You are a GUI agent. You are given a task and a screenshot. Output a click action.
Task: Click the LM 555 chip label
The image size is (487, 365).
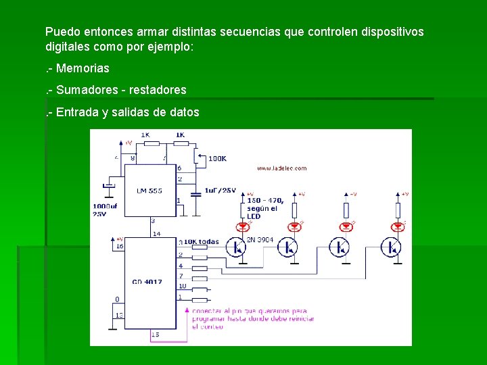149,191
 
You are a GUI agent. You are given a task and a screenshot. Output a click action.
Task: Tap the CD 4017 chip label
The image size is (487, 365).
147,282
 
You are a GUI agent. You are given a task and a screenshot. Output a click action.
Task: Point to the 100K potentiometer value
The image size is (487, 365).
217,158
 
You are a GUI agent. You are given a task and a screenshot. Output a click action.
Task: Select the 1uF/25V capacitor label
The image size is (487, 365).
220,191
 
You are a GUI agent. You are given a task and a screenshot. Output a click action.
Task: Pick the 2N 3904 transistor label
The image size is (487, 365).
260,239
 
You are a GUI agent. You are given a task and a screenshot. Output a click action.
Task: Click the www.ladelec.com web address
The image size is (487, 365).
282,168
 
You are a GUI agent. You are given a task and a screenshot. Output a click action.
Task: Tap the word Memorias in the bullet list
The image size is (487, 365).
83,68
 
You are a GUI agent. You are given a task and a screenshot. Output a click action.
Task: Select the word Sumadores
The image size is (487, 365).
86,90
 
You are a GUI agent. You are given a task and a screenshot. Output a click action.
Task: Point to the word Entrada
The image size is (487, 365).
78,112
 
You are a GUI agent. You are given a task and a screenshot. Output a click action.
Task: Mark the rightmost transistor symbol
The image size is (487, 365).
391,247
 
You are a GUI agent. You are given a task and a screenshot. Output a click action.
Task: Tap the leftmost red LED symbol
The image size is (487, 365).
242,224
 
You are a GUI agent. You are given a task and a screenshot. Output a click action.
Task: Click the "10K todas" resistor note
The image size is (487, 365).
201,241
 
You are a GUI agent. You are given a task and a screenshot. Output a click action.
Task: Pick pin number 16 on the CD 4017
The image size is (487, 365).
120,246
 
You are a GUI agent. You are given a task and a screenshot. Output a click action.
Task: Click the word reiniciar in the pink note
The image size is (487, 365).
296,318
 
